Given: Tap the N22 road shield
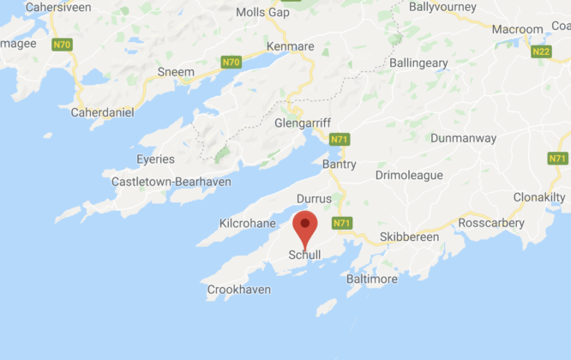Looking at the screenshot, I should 541,52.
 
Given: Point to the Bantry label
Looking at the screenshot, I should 339,163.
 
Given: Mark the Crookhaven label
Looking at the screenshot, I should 239,291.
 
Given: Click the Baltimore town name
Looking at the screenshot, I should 371,279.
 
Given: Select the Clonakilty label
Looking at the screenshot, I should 539,197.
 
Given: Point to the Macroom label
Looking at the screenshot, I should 517,29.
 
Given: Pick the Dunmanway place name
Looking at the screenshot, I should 462,137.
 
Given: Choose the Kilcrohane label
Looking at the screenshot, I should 247,224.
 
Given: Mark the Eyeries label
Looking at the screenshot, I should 155,159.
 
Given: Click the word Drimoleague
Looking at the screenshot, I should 409,175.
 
